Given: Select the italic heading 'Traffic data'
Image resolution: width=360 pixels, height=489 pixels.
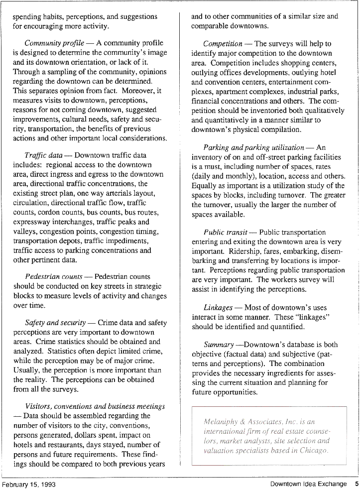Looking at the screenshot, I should click(x=43, y=155).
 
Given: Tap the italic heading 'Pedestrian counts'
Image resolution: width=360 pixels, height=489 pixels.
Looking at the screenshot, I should click(x=54, y=276).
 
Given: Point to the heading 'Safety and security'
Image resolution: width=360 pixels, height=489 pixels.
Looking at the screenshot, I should click(x=55, y=323).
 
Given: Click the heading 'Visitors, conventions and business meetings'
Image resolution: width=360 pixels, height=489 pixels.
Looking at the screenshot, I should click(x=95, y=406).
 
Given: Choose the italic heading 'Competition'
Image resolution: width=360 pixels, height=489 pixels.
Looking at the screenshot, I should click(x=223, y=44).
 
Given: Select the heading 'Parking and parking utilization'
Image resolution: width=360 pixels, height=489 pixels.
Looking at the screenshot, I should click(x=254, y=147).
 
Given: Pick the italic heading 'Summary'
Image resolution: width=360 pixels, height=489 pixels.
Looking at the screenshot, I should click(x=219, y=345).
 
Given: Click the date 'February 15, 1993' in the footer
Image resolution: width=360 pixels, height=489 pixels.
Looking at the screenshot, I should click(x=28, y=484).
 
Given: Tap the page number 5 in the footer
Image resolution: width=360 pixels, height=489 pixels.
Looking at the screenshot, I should click(x=357, y=484).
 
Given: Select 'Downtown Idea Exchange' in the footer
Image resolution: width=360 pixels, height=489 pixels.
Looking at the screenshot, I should click(x=308, y=484).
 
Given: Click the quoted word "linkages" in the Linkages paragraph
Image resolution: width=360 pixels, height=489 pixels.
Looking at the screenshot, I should click(x=311, y=317).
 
